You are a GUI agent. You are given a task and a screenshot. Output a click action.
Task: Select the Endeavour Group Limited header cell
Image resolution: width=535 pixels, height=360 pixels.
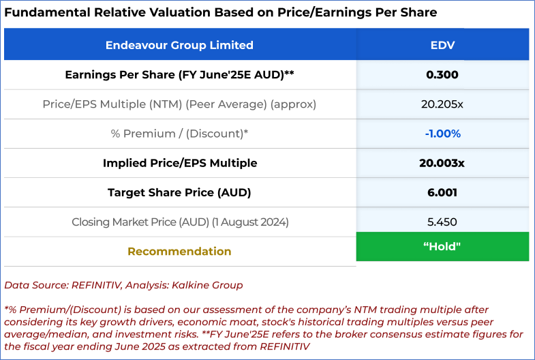point(179,45)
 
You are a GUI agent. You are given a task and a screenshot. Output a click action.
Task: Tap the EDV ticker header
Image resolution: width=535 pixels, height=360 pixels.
point(442,45)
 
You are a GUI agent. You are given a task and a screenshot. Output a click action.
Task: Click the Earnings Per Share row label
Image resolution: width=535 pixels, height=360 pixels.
point(179,75)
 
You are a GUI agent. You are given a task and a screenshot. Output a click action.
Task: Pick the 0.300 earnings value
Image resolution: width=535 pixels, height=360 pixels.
point(442,75)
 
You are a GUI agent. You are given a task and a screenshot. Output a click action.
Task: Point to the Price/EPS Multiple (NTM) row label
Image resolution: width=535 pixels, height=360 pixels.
point(179,104)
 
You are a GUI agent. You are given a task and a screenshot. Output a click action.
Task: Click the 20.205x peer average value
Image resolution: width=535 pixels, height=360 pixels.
point(442,104)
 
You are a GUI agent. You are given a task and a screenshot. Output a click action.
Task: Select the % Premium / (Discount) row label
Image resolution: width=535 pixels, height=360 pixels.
point(179,134)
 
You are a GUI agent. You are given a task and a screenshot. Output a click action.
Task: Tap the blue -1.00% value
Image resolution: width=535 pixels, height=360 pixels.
point(442,134)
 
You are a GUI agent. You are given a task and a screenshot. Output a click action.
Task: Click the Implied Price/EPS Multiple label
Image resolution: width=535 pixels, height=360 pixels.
point(179,163)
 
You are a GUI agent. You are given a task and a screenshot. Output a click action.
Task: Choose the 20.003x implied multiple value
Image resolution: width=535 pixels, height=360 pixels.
point(442,163)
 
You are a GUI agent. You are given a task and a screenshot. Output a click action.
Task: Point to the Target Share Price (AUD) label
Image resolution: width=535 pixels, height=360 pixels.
point(179,192)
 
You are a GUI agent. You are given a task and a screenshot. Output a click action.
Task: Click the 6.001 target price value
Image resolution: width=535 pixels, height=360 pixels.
point(442,192)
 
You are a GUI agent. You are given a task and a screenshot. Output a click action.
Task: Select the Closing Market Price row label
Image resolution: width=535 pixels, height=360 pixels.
point(179,222)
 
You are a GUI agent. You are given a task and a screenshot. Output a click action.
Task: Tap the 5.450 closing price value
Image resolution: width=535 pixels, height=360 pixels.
point(442,222)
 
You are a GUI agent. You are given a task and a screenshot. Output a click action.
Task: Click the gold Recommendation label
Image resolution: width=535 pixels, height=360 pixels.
point(179,251)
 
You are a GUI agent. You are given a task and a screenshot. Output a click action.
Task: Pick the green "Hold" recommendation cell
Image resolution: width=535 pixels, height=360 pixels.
point(442,246)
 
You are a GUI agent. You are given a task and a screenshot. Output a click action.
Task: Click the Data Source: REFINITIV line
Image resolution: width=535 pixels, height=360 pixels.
point(123,285)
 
